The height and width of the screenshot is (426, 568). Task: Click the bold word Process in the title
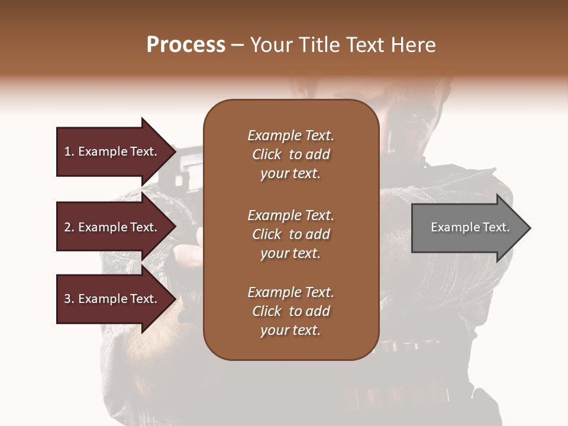tap(186, 45)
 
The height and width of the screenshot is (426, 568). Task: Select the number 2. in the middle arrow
tap(69, 227)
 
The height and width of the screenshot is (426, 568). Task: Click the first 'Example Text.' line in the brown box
tap(291, 135)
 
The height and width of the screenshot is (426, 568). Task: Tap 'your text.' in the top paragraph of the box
tap(291, 173)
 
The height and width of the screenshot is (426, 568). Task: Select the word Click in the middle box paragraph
tap(267, 234)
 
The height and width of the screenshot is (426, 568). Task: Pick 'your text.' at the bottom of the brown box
tap(291, 331)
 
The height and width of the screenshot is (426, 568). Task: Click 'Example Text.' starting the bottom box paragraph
tap(291, 292)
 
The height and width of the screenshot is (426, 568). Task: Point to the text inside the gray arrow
tap(470, 227)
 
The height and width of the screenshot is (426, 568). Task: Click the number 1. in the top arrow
tap(69, 151)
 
